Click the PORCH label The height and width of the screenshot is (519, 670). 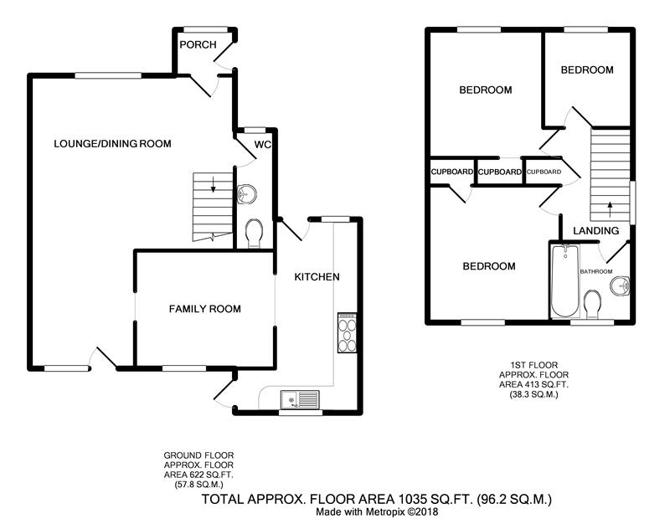tap(198, 44)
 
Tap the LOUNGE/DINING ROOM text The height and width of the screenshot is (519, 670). tap(112, 143)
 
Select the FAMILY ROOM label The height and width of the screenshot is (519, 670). tap(204, 309)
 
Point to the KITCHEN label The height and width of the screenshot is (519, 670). tap(317, 277)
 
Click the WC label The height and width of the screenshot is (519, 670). tap(262, 144)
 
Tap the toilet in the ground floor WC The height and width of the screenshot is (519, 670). tap(255, 234)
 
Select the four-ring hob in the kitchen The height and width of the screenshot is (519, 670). tap(347, 333)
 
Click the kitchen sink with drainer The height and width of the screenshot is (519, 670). tap(300, 400)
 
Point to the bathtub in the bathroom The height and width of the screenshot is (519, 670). tap(564, 281)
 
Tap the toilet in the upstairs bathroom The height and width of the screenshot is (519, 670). tap(593, 304)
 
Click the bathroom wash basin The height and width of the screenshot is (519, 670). tap(620, 285)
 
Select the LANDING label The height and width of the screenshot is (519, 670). tap(596, 231)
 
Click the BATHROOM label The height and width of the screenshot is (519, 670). tap(596, 272)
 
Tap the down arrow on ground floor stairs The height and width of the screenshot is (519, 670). tap(213, 183)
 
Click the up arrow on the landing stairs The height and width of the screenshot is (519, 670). tap(610, 209)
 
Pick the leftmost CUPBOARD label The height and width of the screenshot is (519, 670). tap(451, 172)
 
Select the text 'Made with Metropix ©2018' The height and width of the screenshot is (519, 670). tap(377, 511)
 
